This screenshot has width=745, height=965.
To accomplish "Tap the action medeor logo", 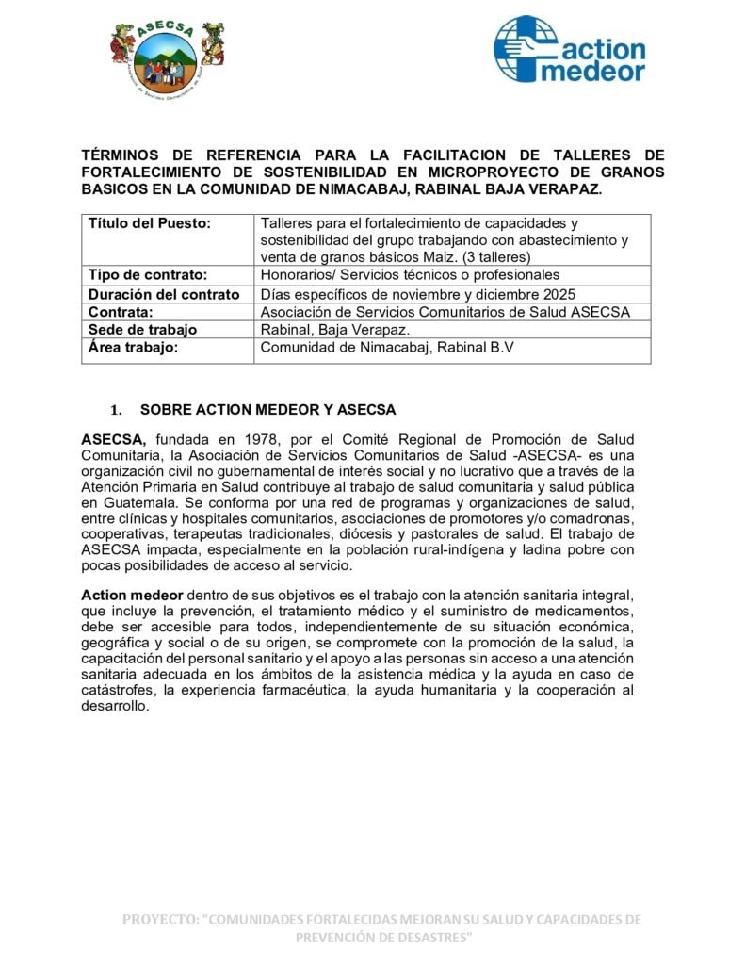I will click(x=570, y=49).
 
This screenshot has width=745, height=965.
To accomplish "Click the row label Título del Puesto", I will click(x=149, y=223).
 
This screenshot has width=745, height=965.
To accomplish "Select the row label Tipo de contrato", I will click(x=147, y=275).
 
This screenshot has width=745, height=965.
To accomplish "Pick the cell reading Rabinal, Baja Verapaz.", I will click(x=334, y=330).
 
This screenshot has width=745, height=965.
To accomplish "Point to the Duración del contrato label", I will click(x=163, y=294).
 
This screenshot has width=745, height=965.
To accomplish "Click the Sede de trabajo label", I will click(x=142, y=330).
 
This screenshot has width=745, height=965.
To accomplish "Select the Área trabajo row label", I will click(x=133, y=348).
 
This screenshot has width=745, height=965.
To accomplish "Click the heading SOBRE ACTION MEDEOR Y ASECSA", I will click(x=268, y=410).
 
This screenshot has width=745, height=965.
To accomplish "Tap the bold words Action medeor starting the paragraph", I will click(x=132, y=595).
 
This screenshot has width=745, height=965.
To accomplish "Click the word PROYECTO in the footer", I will click(x=160, y=919).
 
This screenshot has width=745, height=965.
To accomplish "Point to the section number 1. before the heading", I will click(x=117, y=411).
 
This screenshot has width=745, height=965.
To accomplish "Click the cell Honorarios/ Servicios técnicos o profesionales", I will click(x=410, y=275).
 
